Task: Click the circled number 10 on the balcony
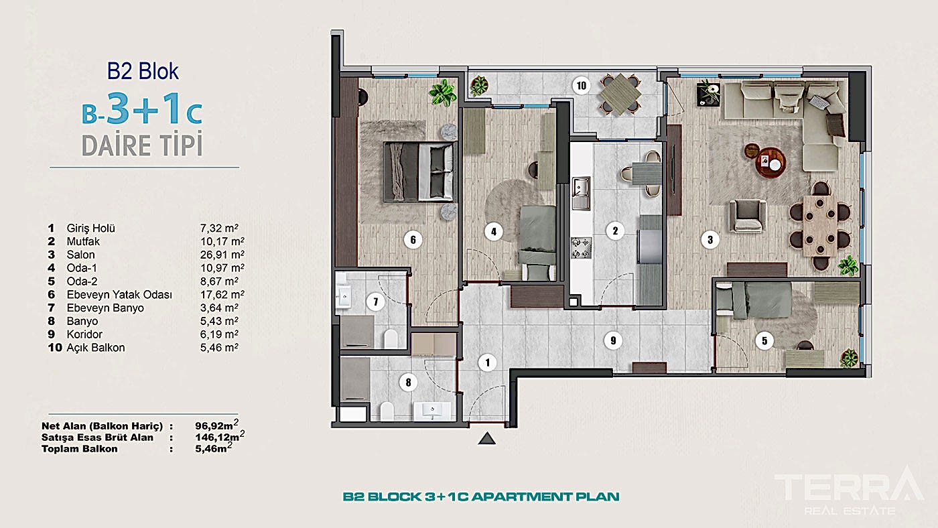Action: click(581, 85)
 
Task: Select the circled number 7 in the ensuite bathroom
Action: click(376, 302)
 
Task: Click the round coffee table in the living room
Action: click(770, 161)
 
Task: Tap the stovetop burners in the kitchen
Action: click(580, 247)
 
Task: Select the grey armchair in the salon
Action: click(745, 213)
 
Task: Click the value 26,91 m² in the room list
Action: click(218, 255)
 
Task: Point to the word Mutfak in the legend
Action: click(83, 241)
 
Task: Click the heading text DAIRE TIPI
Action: click(142, 145)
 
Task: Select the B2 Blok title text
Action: click(143, 71)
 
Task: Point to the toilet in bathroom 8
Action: click(387, 410)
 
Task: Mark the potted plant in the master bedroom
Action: click(442, 92)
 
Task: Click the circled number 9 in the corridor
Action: click(612, 340)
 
